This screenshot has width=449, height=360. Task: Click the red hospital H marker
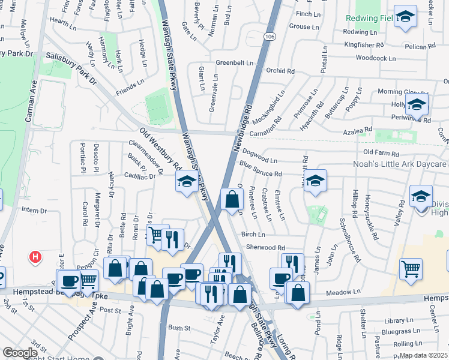click(x=36, y=257)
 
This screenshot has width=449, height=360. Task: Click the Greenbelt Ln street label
click(x=234, y=62)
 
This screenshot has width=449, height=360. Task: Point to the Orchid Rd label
click(x=280, y=71)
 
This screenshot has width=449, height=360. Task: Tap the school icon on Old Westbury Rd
click(x=187, y=181)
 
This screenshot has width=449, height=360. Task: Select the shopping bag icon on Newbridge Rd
click(x=232, y=200)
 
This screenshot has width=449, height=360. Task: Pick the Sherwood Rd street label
click(x=265, y=247)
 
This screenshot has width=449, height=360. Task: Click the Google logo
click(x=20, y=353)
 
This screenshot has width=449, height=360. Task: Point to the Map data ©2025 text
click(x=424, y=355)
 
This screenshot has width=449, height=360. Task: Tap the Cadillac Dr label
click(x=139, y=176)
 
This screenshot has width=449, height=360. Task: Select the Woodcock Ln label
click(x=376, y=58)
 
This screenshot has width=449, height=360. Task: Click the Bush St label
click(x=179, y=328)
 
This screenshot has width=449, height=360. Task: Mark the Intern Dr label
click(x=34, y=211)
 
